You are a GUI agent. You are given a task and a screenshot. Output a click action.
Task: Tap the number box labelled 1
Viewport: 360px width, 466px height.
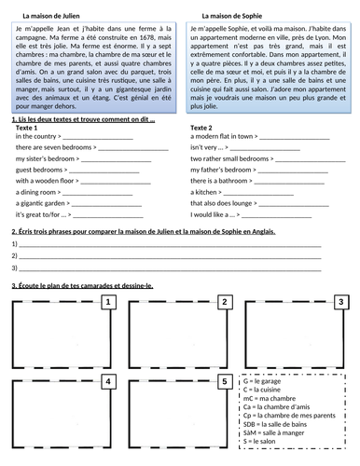pyautogui.click(x=109, y=302)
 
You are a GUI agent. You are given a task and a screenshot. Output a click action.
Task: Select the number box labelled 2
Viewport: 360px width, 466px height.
pyautogui.click(x=225, y=302)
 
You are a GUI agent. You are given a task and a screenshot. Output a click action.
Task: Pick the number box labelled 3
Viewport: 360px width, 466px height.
pyautogui.click(x=341, y=302)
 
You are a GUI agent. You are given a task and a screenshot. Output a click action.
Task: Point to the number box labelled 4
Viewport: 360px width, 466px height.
pyautogui.click(x=109, y=381)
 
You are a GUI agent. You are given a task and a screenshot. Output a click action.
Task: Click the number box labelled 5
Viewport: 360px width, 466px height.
pyautogui.click(x=225, y=381)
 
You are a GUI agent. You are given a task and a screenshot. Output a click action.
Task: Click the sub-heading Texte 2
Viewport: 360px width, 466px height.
pyautogui.click(x=201, y=127)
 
